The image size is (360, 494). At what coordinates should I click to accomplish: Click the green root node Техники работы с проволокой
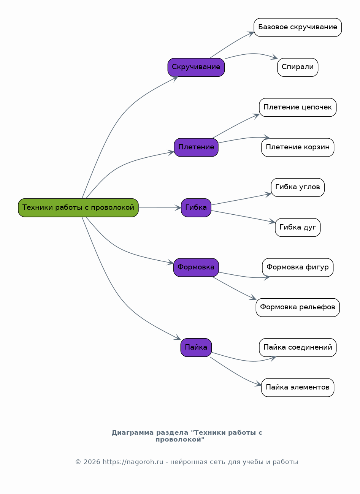(x=78, y=208)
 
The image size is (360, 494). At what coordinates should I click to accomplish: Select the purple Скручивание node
(x=196, y=68)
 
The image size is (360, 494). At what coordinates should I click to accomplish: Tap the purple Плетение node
(x=196, y=147)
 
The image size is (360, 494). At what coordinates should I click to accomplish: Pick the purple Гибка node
(x=196, y=208)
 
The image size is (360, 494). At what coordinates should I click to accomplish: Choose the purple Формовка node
(x=196, y=268)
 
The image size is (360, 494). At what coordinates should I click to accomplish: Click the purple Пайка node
(x=196, y=348)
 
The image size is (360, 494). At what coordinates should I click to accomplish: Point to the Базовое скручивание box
(x=298, y=27)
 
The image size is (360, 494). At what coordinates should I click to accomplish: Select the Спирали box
(x=298, y=68)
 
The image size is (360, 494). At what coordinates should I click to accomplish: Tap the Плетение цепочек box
(x=298, y=108)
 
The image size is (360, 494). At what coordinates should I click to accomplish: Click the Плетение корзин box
(x=298, y=147)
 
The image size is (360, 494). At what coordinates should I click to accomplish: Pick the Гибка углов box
(x=298, y=187)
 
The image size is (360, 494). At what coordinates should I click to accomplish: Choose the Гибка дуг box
(x=298, y=228)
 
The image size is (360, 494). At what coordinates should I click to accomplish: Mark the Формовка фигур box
(x=298, y=268)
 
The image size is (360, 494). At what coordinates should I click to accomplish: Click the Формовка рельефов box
(x=298, y=308)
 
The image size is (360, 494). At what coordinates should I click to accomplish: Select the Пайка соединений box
(x=298, y=348)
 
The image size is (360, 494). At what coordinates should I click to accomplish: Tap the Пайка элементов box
(x=298, y=388)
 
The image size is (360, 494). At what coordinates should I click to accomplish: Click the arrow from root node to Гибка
(x=160, y=208)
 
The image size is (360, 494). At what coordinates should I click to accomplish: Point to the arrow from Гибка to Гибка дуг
(x=243, y=216)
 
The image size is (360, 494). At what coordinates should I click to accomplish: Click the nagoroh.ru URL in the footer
(x=133, y=462)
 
